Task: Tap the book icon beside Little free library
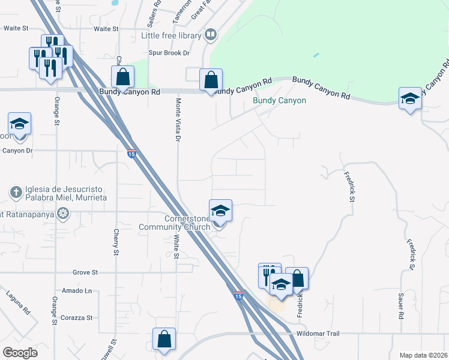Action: [x=211, y=35]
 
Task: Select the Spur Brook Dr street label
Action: [x=169, y=53]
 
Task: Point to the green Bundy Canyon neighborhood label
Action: [x=279, y=101]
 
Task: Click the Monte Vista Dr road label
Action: [x=177, y=121]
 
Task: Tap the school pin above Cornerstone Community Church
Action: [x=220, y=211]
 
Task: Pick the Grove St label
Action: [x=85, y=272]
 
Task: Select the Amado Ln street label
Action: [x=80, y=290]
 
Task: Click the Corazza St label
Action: [x=80, y=317]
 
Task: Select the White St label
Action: [x=176, y=247]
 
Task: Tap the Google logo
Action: [x=20, y=353]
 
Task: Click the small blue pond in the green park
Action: [x=316, y=55]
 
